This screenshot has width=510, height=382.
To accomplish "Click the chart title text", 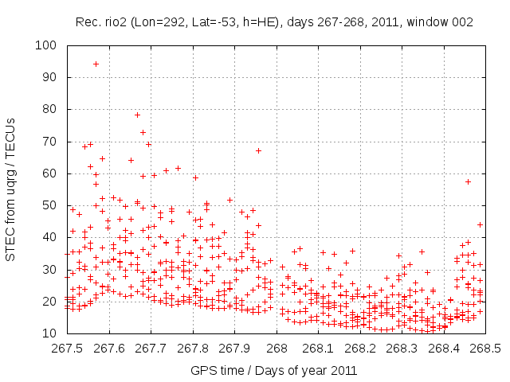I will click(275, 22).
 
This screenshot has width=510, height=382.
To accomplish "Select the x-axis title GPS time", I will click(273, 370).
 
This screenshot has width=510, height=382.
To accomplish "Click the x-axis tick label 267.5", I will click(67, 349).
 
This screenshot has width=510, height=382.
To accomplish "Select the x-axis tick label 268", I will click(277, 349).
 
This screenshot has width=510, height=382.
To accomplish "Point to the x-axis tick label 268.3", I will click(402, 349).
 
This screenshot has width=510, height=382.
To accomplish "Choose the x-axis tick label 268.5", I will click(486, 349).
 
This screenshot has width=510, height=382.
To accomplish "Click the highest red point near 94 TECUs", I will click(96, 64).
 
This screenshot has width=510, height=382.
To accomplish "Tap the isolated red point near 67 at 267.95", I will click(258, 150).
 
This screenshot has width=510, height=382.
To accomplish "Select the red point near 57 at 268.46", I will click(468, 181).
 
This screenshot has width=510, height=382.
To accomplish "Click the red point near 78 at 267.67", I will click(137, 115).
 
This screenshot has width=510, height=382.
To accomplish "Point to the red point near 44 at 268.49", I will click(480, 224).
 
